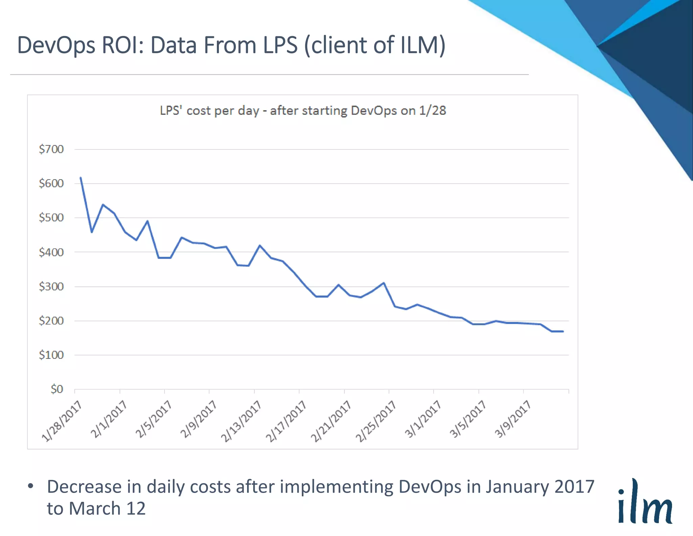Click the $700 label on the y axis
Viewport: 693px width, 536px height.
(51, 149)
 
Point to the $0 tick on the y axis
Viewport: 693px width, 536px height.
(57, 389)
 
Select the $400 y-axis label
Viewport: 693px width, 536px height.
(51, 252)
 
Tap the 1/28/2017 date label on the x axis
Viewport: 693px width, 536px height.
(62, 421)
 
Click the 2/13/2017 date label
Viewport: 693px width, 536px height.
(241, 421)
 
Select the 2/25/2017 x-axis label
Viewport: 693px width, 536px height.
(376, 421)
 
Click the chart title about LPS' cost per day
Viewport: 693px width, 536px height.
(303, 111)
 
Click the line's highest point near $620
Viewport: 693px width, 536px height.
(81, 178)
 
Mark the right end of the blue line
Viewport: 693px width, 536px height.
(563, 331)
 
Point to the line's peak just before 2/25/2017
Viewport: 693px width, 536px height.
(383, 283)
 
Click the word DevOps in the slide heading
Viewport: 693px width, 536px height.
(56, 45)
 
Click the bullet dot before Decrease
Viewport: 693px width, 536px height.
(31, 487)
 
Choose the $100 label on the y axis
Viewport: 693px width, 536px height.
(51, 355)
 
